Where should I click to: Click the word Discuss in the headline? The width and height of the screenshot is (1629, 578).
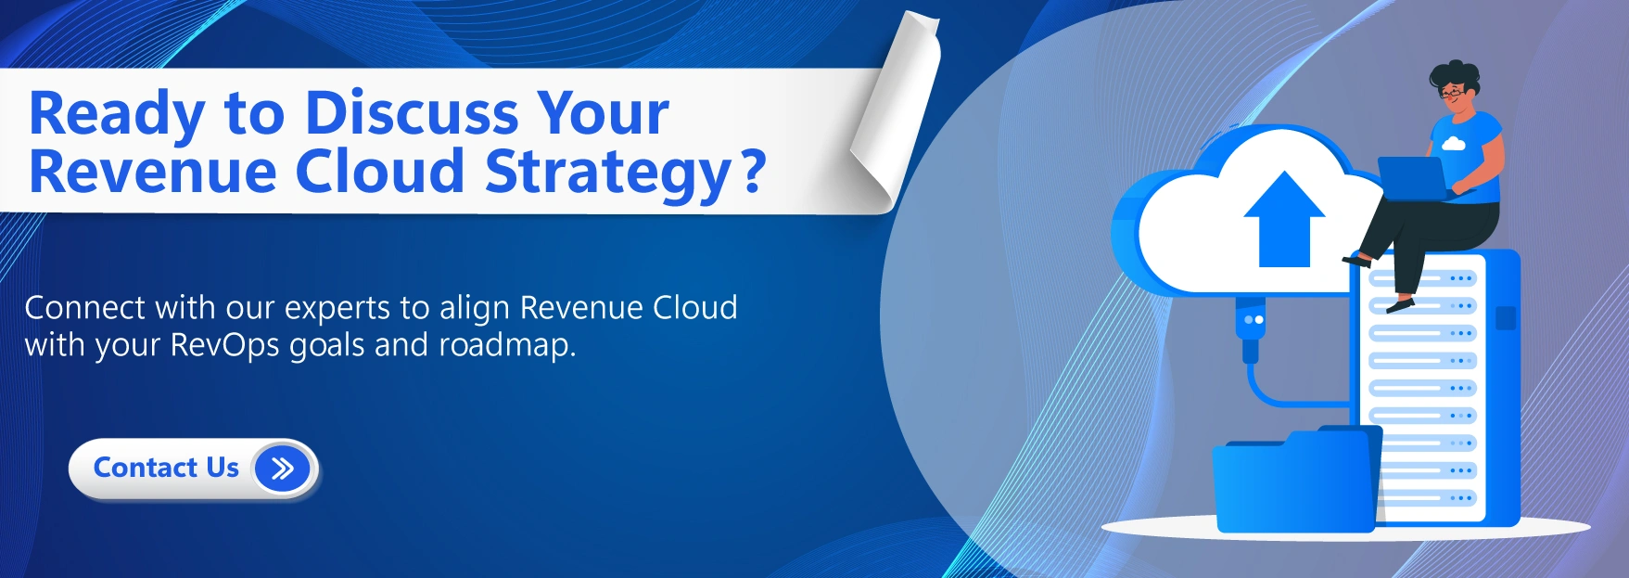click(413, 113)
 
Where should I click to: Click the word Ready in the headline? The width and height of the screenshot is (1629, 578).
click(117, 113)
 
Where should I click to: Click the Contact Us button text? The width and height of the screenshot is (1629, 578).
click(166, 468)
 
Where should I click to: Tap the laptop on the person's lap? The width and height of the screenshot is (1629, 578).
click(1413, 177)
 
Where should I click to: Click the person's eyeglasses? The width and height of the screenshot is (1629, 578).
click(1453, 92)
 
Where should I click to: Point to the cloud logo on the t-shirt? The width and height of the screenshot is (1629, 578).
click(1453, 143)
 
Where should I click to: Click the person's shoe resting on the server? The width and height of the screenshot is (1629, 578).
click(1399, 303)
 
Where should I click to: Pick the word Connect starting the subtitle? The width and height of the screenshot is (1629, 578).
click(85, 308)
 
